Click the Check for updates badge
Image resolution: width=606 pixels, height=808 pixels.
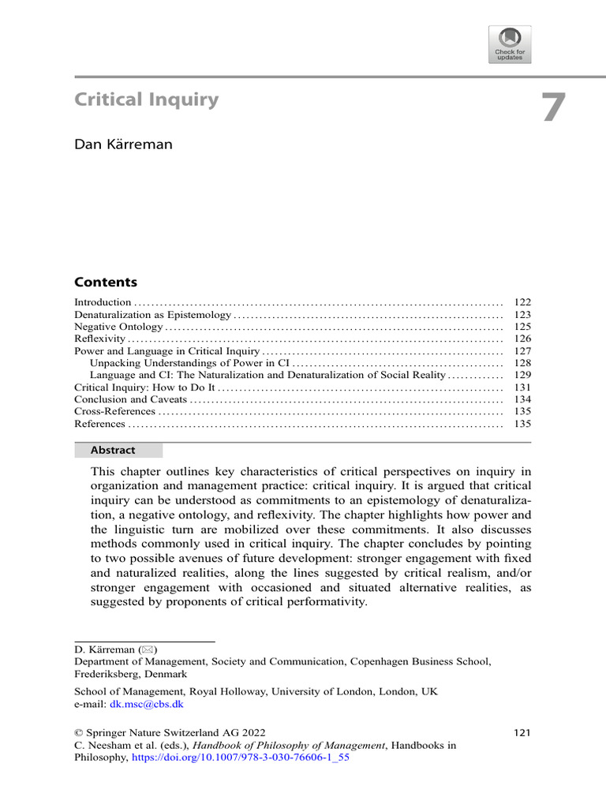510,44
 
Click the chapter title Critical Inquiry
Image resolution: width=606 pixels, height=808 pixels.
146,100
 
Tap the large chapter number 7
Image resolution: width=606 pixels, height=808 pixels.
553,108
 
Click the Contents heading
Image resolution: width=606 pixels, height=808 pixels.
105,282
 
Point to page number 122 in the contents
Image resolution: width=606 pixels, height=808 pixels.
522,302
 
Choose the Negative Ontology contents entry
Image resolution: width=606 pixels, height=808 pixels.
118,327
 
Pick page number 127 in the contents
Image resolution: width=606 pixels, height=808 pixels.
522,351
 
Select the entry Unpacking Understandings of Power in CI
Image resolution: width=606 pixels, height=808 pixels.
189,363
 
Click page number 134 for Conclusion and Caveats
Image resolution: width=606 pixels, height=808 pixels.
522,400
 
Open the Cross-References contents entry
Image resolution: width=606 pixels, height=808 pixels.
115,412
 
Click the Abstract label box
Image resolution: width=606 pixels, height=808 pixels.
118,451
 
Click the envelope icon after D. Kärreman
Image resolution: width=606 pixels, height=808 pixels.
149,649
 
